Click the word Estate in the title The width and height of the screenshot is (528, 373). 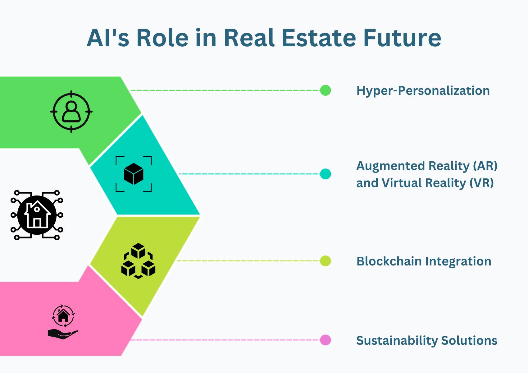pos(319,38)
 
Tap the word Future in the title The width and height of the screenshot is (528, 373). pos(402,38)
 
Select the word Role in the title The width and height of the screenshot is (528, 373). pos(162,38)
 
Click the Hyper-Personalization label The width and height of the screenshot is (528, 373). pos(423,91)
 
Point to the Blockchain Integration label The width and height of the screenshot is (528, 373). pos(424,261)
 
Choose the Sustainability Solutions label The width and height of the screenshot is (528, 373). pos(427,340)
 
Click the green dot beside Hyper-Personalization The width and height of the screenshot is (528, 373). pos(325,90)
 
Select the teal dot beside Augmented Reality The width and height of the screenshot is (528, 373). pos(325,174)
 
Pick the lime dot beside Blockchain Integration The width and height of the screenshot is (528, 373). pos(325,261)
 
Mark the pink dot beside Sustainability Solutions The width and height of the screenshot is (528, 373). pos(325,340)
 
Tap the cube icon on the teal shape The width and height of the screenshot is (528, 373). pos(134,174)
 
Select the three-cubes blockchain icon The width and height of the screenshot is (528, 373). pos(138,261)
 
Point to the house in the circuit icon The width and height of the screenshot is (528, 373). pos(37,214)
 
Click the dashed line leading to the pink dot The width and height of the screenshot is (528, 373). pos(225,340)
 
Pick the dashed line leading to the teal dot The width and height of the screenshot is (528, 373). pos(250,174)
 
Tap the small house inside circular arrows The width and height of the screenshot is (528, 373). pos(63,316)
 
